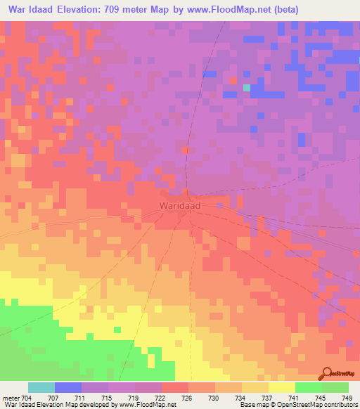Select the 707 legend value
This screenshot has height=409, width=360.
(54, 398)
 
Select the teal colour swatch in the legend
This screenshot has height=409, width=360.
(41, 387)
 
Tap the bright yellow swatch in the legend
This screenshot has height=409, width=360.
(281, 387)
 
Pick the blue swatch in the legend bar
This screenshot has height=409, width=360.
(67, 387)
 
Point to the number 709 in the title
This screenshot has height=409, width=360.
(136, 10)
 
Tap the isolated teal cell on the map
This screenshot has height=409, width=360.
(246, 88)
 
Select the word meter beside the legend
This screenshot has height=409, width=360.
(10, 398)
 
